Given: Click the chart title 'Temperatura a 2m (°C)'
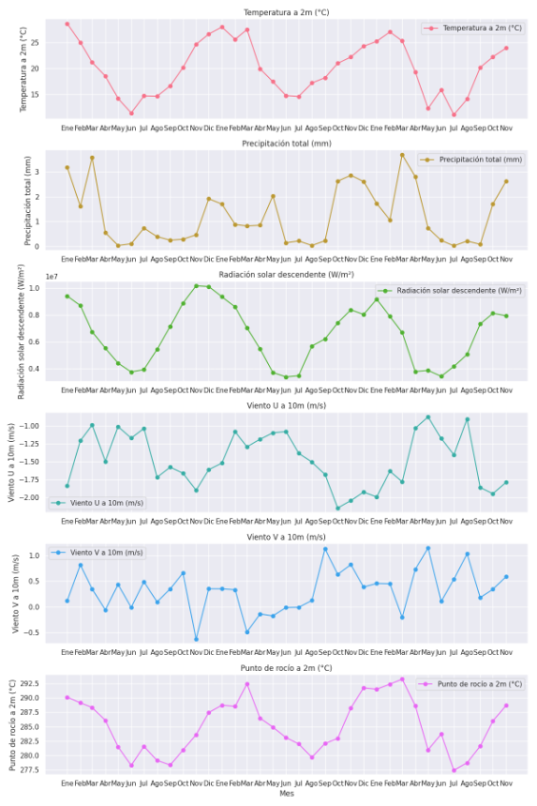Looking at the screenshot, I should [287, 12].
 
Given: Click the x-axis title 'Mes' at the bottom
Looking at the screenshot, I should [286, 794].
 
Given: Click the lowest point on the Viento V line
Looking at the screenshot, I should [196, 640].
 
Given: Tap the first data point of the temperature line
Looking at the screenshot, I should [67, 23].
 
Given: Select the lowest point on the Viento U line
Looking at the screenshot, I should [338, 509].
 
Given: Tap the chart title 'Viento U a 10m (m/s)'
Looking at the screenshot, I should [287, 405].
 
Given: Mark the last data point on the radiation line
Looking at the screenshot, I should [506, 316].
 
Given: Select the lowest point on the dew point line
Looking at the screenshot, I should [455, 770].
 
